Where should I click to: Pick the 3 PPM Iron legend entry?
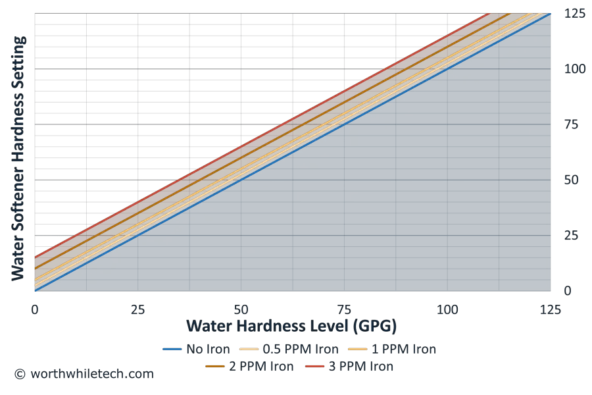pyautogui.click(x=352, y=366)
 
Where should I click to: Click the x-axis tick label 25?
pyautogui.click(x=137, y=309)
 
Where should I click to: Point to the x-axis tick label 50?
pyautogui.click(x=241, y=309)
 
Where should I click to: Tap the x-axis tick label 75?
pyautogui.click(x=344, y=309)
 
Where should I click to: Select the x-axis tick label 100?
pyautogui.click(x=447, y=309)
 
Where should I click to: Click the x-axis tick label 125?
pyautogui.click(x=550, y=309)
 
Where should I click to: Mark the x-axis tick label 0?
pyautogui.click(x=35, y=309)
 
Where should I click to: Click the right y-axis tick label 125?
pyautogui.click(x=574, y=13)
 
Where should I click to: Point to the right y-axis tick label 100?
pyautogui.click(x=574, y=68)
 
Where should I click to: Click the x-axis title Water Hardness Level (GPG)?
pyautogui.click(x=291, y=326)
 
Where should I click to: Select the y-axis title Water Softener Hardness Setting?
pyautogui.click(x=20, y=158)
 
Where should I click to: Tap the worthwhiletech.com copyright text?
pyautogui.click(x=84, y=374)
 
